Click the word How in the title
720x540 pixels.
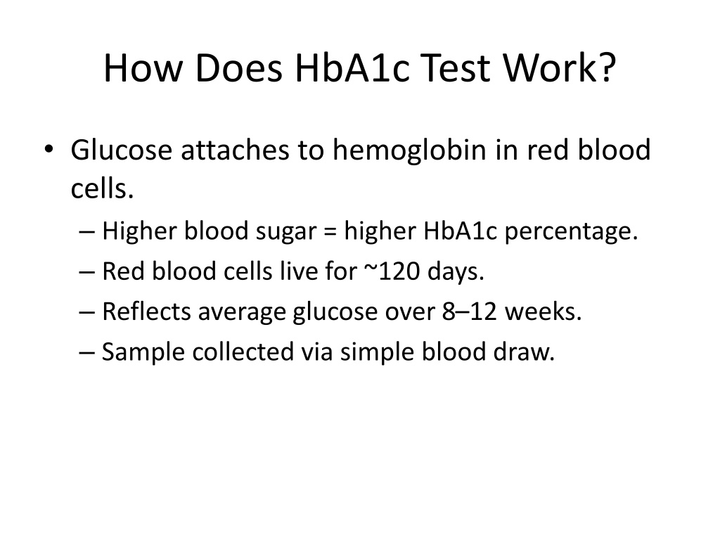(x=143, y=68)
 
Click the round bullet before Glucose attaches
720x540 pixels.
(x=49, y=149)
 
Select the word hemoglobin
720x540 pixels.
(x=409, y=150)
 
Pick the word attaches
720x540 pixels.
(x=235, y=150)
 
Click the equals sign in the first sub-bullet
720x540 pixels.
(x=330, y=231)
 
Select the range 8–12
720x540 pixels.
(x=470, y=311)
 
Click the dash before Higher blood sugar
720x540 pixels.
(x=86, y=231)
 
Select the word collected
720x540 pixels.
(x=243, y=352)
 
